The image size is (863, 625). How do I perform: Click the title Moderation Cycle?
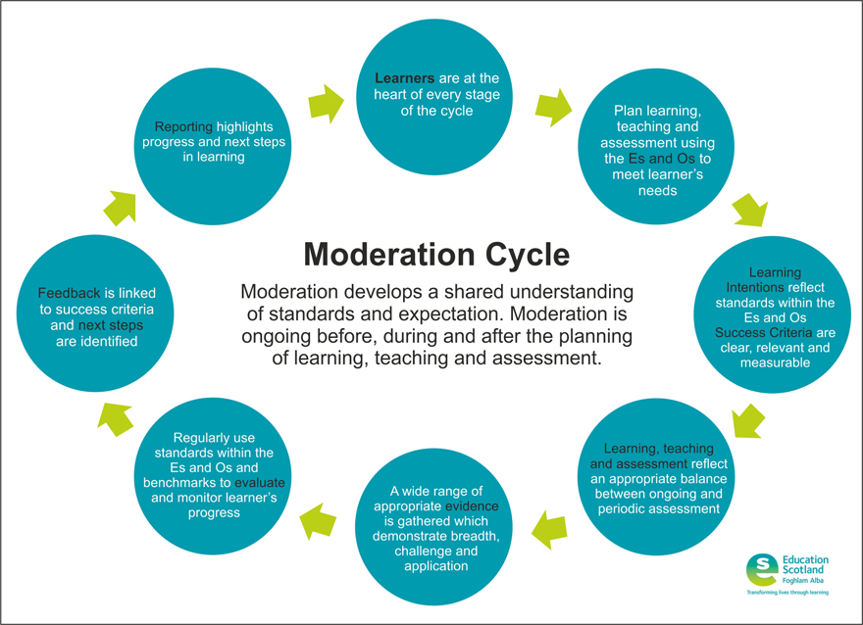pyautogui.click(x=435, y=254)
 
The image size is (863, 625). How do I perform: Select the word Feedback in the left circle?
pyautogui.click(x=69, y=293)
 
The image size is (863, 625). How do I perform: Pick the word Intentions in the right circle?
pyautogui.click(x=755, y=287)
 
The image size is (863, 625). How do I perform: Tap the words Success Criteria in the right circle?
pyautogui.click(x=766, y=332)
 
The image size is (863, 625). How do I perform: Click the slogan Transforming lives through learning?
pyautogui.click(x=787, y=594)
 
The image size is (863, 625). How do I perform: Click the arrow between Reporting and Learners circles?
pyautogui.click(x=326, y=100)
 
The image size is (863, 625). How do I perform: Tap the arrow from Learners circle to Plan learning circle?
pyautogui.click(x=554, y=107)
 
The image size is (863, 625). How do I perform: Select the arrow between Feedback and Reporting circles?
pyautogui.click(x=122, y=207)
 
